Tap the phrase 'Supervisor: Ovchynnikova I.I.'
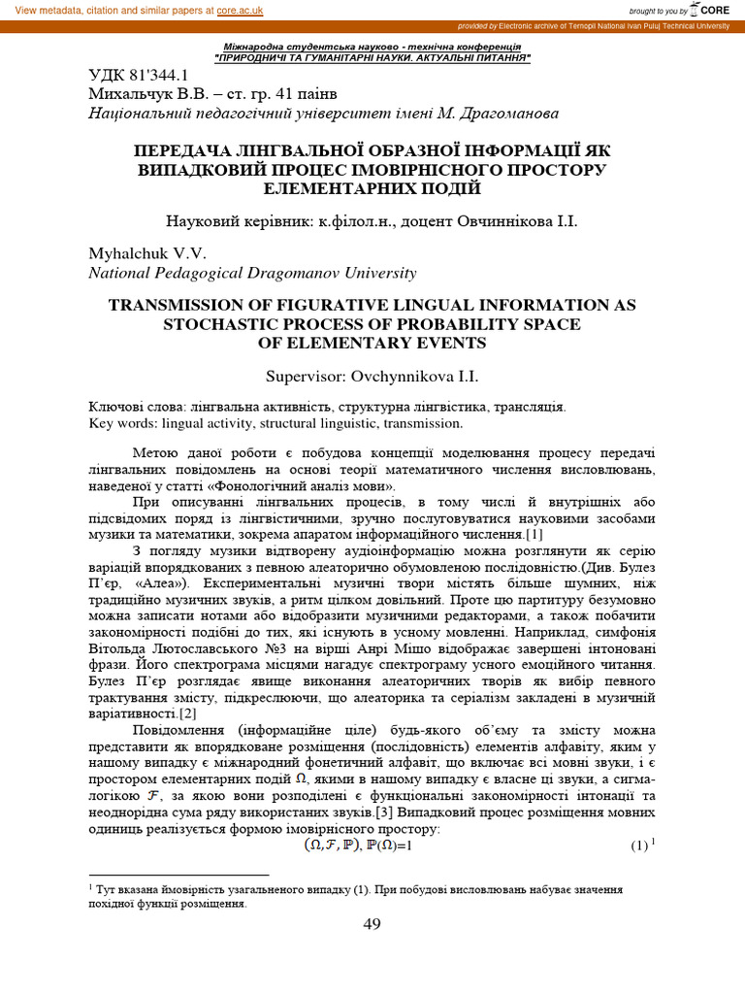point(372,377)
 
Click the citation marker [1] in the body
point(533,535)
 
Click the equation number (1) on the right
point(638,845)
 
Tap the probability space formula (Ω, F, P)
point(331,845)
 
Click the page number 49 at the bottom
point(372,924)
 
